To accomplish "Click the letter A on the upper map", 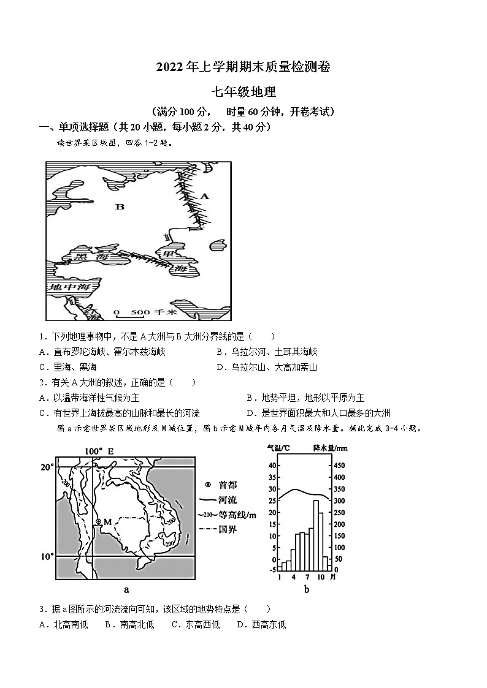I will click(205, 197).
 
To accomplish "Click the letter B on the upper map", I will click(120, 207).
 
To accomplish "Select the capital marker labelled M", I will click(98, 522).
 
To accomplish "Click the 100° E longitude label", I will click(99, 452).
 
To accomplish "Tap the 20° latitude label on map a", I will click(47, 467).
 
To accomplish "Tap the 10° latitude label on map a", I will click(47, 557).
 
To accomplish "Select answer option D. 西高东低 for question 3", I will click(261, 625).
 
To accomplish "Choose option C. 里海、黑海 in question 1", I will click(67, 368).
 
